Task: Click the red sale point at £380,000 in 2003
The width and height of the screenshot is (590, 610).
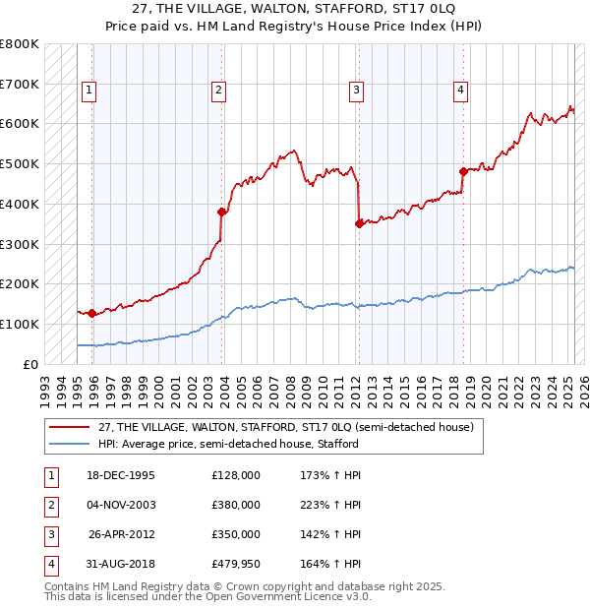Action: coord(222,212)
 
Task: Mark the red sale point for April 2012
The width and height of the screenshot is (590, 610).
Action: coord(359,223)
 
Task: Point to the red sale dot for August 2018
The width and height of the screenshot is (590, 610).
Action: coord(462,171)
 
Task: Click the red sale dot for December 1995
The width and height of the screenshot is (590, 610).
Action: coord(91,313)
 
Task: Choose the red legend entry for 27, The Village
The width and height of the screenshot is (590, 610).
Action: coord(286,427)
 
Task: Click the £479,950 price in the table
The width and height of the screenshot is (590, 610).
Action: coord(236,565)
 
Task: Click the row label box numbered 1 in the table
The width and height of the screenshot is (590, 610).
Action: coord(49,475)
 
